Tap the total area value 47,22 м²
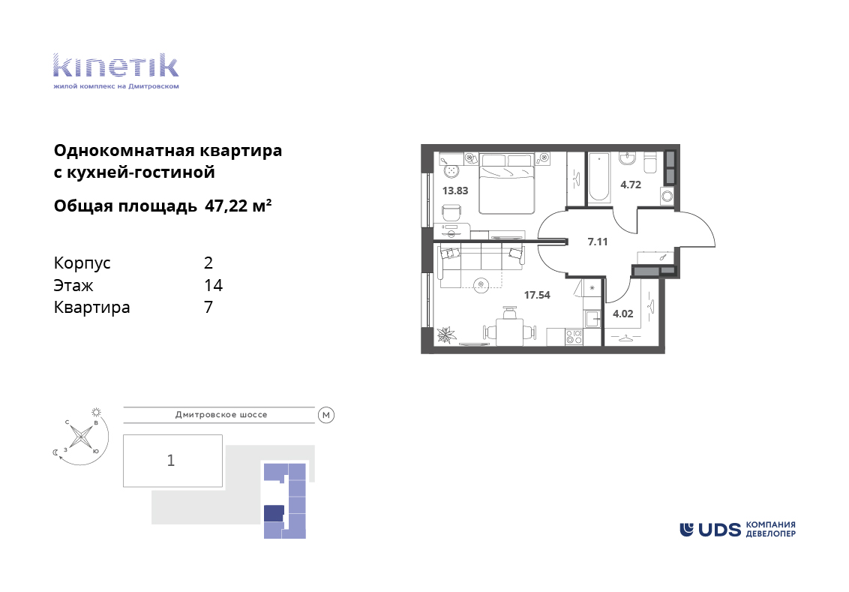point(238,206)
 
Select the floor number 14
point(213,285)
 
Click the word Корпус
point(82,264)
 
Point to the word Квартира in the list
point(92,308)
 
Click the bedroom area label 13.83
point(454,191)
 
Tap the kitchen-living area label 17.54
point(536,295)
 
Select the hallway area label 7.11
point(598,242)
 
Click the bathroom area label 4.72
point(630,185)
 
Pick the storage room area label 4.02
point(622,314)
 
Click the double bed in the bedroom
point(507,184)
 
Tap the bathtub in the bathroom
point(598,177)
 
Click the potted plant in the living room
point(447,335)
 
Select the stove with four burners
point(574,338)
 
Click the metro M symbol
point(326,416)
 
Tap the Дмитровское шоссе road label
point(221,415)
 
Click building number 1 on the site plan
point(171,461)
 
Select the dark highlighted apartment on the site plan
point(274,513)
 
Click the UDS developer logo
point(737,529)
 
